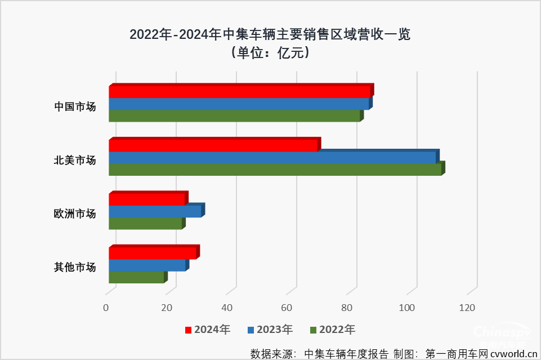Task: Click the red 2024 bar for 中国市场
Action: coord(239,92)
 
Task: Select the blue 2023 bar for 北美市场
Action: coord(272,158)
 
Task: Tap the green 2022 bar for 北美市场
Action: coord(275,170)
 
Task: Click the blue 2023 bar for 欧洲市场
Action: coord(155,211)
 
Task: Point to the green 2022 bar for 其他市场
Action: coord(136,277)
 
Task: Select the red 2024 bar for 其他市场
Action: coord(152,253)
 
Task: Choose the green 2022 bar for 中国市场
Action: coord(234,116)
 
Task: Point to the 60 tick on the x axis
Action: coord(287,308)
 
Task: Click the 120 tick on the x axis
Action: coord(467,308)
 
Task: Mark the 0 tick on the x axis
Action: coord(106,308)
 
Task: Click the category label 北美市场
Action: coord(75,160)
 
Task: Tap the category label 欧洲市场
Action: coord(75,214)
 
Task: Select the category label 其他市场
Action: coord(75,266)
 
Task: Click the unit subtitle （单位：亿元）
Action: coord(270,54)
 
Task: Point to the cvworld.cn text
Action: coord(513,354)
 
